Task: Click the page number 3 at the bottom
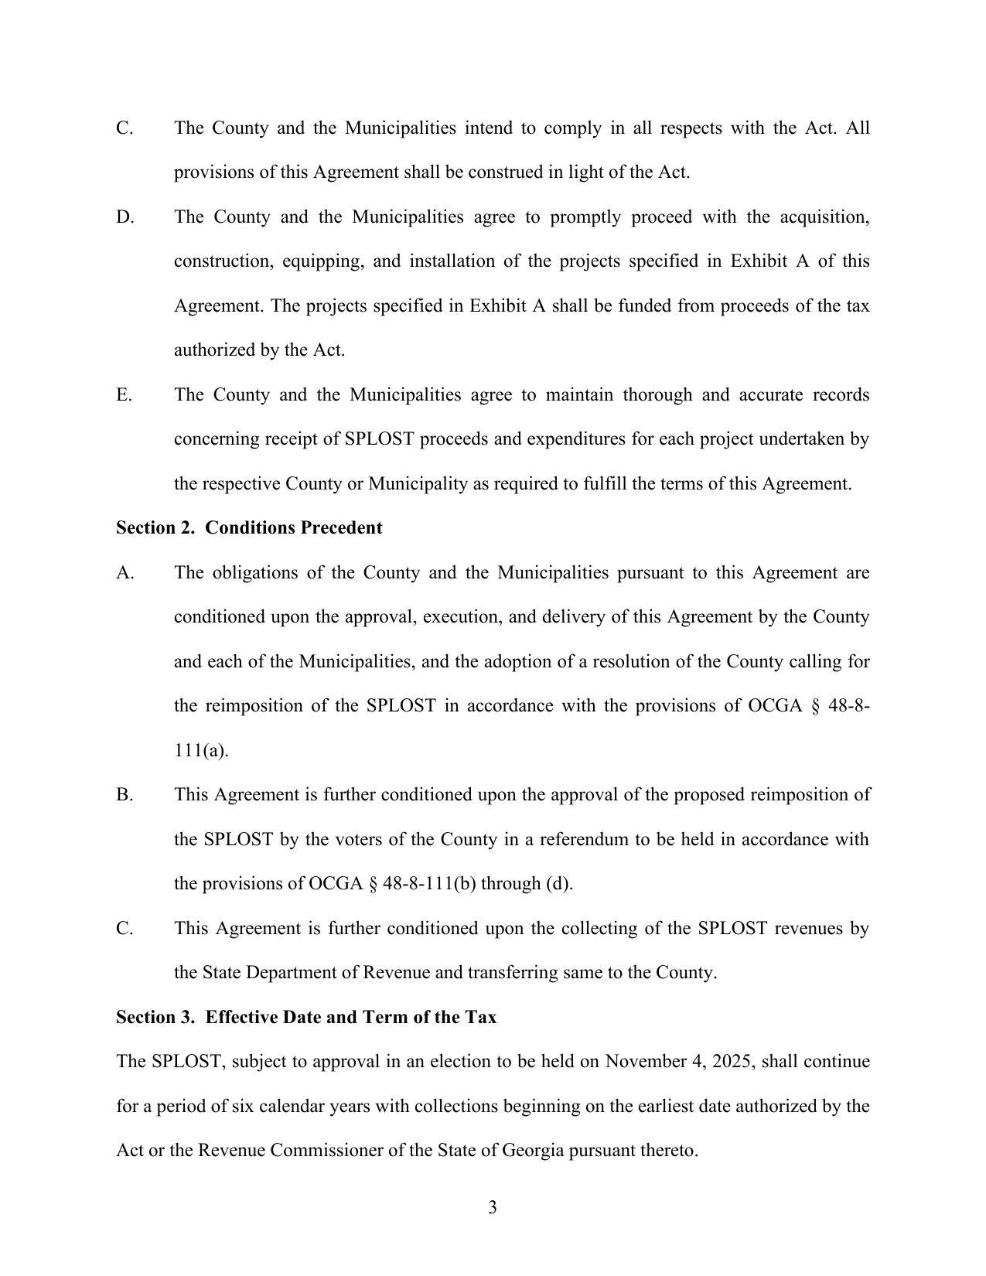pos(492,1207)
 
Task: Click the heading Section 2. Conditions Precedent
pos(248,528)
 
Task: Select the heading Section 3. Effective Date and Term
pos(305,1017)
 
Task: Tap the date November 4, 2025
pos(680,1061)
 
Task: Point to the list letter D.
pos(125,217)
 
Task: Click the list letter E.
pos(124,394)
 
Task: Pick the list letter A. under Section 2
pos(125,572)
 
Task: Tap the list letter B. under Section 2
pos(125,795)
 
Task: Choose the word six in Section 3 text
pos(244,1106)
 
